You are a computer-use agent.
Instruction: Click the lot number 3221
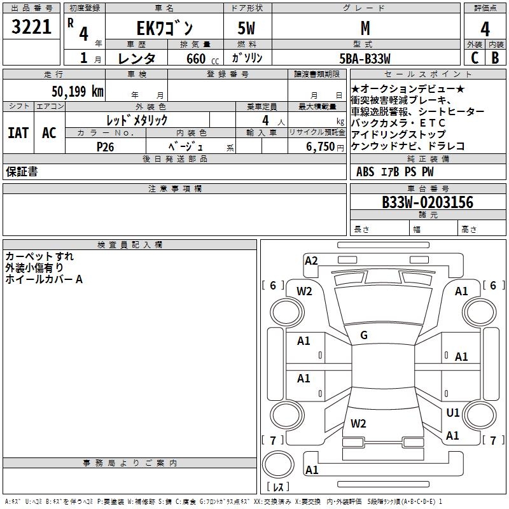31,27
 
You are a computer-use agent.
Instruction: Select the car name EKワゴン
165,28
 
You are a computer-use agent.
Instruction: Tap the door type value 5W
247,28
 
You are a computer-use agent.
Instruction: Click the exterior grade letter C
475,58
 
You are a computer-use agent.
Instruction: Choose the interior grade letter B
495,58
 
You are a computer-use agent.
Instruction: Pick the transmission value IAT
18,133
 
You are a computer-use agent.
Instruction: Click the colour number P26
105,146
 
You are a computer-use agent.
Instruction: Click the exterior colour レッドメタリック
137,120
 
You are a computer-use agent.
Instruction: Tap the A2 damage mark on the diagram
311,260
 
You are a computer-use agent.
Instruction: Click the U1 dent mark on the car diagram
452,413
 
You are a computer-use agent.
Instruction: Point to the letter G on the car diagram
363,335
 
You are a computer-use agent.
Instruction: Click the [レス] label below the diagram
278,487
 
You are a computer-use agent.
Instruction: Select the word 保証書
22,172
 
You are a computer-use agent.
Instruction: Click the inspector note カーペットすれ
39,256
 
